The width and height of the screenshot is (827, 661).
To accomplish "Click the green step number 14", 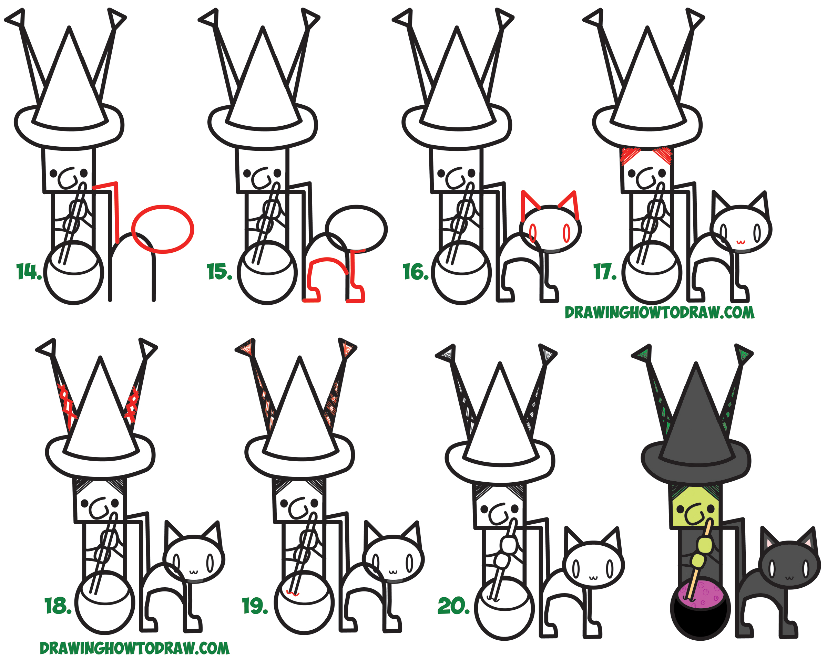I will tap(29, 272).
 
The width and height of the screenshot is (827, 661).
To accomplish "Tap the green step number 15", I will tap(219, 272).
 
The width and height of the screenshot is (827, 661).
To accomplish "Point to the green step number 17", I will tap(605, 272).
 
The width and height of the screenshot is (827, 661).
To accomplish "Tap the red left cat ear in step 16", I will tap(528, 203).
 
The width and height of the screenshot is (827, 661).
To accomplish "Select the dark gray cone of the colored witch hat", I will tap(696, 421).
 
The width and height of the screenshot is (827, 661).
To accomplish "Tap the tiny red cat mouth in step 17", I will tap(740, 242).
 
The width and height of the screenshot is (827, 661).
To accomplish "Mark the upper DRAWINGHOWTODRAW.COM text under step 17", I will tap(659, 313).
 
